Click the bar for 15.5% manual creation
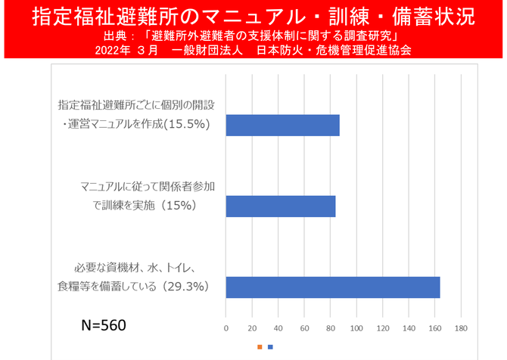pos(282,125)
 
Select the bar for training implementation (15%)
pos(281,206)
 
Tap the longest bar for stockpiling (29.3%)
pos(333,287)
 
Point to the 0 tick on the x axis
pos(226,327)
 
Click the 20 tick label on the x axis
pos(252,327)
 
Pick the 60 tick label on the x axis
pos(304,327)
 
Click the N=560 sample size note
pos(104,325)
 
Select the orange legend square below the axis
pos(260,347)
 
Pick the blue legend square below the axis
pos(270,347)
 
